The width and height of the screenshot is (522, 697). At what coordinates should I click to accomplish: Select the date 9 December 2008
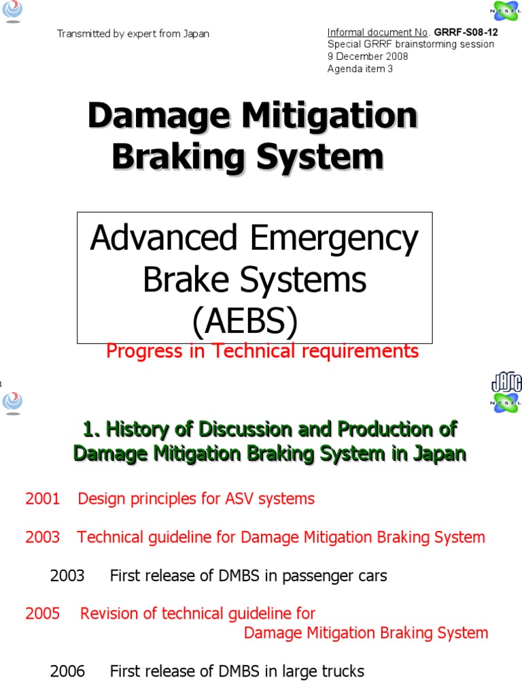[368, 56]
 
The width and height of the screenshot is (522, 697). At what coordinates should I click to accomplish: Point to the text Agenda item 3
[360, 69]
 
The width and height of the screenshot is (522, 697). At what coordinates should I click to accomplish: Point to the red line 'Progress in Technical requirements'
[262, 351]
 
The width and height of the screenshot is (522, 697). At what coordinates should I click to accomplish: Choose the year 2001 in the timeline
[43, 499]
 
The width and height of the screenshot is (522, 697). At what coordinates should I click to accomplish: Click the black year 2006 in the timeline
[67, 671]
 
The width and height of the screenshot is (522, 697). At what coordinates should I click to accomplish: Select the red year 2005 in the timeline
[43, 613]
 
